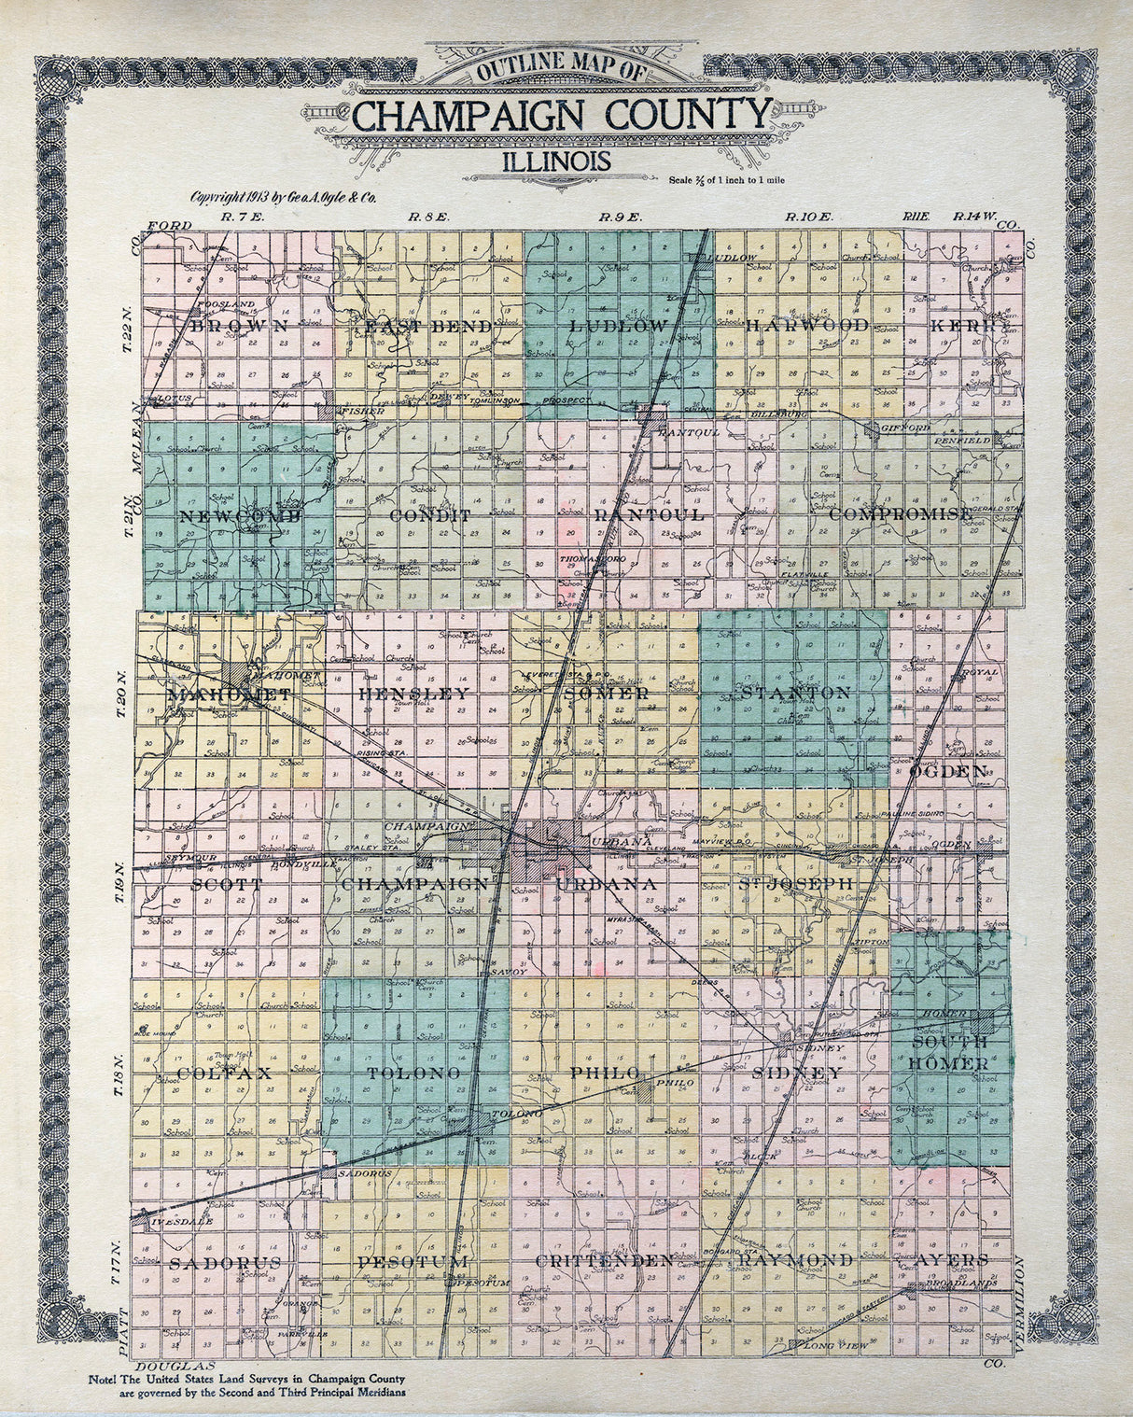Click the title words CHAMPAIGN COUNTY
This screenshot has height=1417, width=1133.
click(x=561, y=117)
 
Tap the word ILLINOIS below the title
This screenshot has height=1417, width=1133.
click(x=557, y=161)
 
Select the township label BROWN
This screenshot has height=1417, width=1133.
click(x=240, y=326)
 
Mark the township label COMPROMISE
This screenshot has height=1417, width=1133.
click(x=900, y=514)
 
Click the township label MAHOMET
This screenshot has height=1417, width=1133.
click(x=230, y=694)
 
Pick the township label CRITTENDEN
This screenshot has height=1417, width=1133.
click(x=605, y=1261)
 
